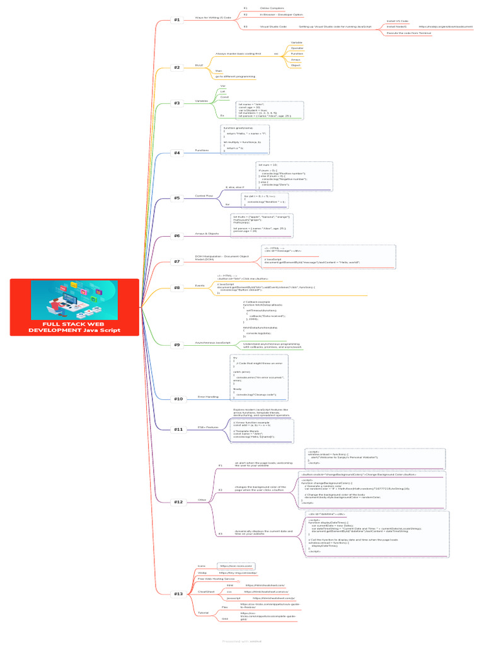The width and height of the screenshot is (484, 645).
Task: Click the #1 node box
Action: pyautogui.click(x=176, y=20)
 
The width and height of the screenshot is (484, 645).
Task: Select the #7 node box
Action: pyautogui.click(x=176, y=261)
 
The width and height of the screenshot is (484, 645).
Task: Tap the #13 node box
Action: pyautogui.click(x=178, y=593)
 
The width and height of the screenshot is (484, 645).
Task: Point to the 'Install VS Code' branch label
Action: pyautogui.click(x=397, y=21)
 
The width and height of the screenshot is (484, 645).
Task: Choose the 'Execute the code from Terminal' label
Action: pyautogui.click(x=408, y=33)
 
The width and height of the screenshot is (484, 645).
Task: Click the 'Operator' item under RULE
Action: pyautogui.click(x=296, y=48)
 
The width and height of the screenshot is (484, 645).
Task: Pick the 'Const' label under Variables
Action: pyautogui.click(x=224, y=97)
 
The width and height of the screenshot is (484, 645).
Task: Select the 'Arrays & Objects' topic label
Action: pyautogui.click(x=207, y=233)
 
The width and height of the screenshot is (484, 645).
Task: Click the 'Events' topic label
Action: pyautogui.click(x=200, y=285)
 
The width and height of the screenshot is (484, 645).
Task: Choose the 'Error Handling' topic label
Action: pyautogui.click(x=207, y=397)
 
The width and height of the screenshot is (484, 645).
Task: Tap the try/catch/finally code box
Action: pyautogui.click(x=260, y=377)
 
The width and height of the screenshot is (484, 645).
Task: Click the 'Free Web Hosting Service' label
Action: pyautogui.click(x=216, y=578)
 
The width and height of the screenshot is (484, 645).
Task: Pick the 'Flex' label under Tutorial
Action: pyautogui.click(x=225, y=607)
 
